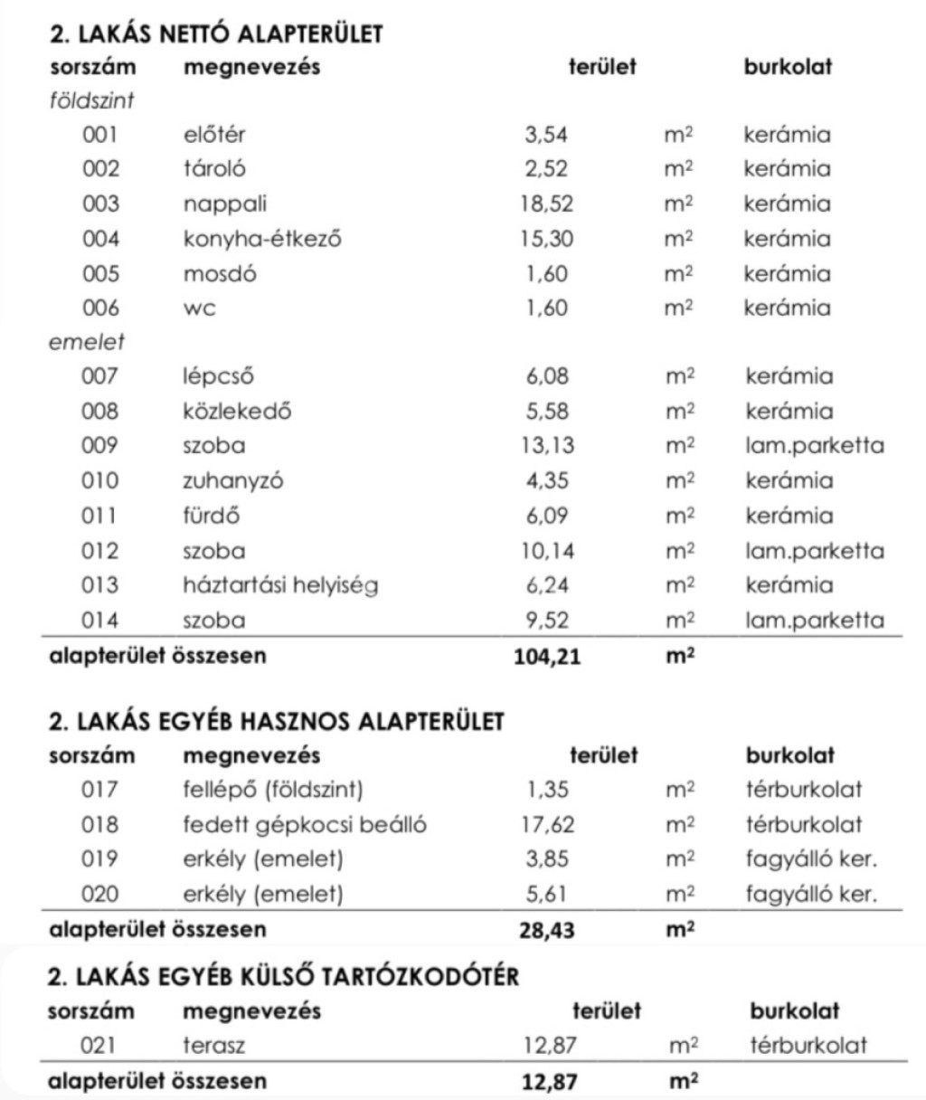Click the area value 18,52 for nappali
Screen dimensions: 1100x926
547,204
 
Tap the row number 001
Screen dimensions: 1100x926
100,136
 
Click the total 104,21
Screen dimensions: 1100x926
547,656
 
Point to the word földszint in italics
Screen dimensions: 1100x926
91,100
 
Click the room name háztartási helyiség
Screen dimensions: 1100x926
280,585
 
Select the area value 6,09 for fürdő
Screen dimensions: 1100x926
547,516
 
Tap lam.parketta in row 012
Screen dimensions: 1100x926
815,551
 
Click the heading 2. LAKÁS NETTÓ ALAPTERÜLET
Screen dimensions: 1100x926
216,34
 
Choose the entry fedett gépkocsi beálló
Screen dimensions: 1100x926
305,825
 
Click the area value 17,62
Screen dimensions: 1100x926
548,825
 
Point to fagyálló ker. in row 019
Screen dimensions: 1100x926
811,859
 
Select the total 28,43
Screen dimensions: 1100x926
547,930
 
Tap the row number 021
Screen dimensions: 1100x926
99,1046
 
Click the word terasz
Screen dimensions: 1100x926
214,1046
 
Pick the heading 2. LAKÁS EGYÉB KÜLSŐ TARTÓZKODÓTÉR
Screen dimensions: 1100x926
284,977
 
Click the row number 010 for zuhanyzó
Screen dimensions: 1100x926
100,480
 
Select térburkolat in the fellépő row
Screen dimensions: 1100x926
804,790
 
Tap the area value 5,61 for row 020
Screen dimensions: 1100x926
548,895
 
